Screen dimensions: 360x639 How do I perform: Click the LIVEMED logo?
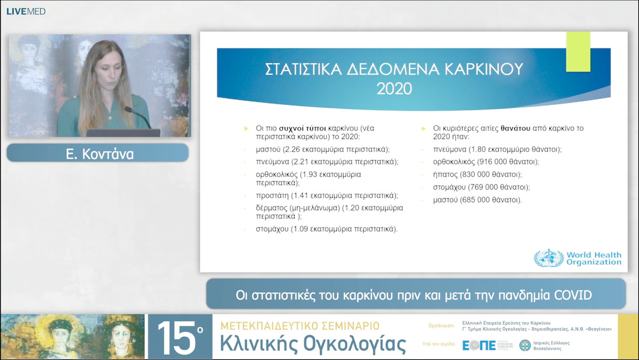(x=26, y=11)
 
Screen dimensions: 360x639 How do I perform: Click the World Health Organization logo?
(x=577, y=259)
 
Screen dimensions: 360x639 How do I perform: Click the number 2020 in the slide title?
(x=394, y=89)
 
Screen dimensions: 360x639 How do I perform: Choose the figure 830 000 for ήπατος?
(x=477, y=174)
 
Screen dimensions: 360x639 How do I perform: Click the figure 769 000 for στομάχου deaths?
(x=488, y=187)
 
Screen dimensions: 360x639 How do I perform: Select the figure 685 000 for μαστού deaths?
(x=480, y=200)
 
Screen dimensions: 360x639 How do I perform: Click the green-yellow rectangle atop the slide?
(x=578, y=52)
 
